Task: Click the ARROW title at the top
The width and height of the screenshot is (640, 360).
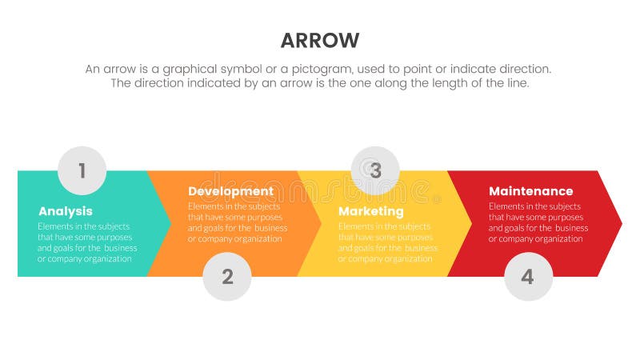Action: point(320,41)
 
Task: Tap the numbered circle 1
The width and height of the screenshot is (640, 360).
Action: point(82,170)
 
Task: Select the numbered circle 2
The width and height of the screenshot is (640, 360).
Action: point(227,277)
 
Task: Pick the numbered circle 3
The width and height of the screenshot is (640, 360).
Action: point(375,170)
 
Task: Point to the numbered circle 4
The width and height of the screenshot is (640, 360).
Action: point(528,277)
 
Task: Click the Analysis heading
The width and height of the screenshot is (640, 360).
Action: point(66,211)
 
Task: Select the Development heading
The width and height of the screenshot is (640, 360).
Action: point(230,191)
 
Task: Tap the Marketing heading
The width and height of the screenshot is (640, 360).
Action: point(370,211)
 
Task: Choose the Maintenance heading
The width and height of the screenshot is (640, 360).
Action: point(530,191)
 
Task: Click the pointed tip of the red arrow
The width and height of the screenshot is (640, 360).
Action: point(621,223)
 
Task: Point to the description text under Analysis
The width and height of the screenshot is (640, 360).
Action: point(86,242)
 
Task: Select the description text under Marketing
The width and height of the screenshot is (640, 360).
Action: point(387,242)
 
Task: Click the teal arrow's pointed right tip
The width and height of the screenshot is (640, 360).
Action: point(170,223)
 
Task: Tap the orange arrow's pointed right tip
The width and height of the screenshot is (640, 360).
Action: point(321,223)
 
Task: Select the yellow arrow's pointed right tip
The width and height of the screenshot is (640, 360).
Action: point(471,223)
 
